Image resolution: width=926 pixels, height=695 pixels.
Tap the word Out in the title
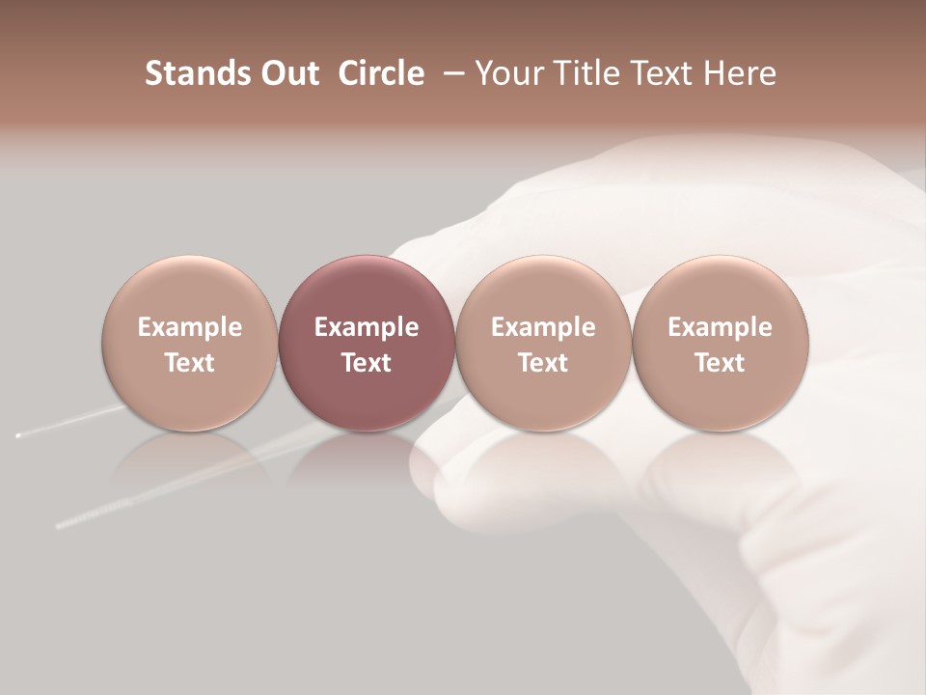[287, 73]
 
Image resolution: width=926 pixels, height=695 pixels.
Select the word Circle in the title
[381, 73]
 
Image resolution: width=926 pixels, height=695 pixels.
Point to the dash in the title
[449, 74]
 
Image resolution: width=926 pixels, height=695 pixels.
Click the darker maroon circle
[367, 343]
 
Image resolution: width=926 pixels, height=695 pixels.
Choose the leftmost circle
[190, 343]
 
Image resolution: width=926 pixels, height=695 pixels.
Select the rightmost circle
[721, 343]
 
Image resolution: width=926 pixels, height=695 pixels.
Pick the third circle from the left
[543, 343]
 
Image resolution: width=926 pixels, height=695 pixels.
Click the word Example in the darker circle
[367, 327]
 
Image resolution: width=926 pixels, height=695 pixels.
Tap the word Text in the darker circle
[367, 363]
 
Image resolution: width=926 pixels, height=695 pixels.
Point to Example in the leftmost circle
[190, 327]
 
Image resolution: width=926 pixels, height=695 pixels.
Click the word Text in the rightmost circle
[721, 363]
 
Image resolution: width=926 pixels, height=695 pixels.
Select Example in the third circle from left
[543, 327]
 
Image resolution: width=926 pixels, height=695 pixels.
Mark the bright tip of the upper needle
[17, 436]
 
